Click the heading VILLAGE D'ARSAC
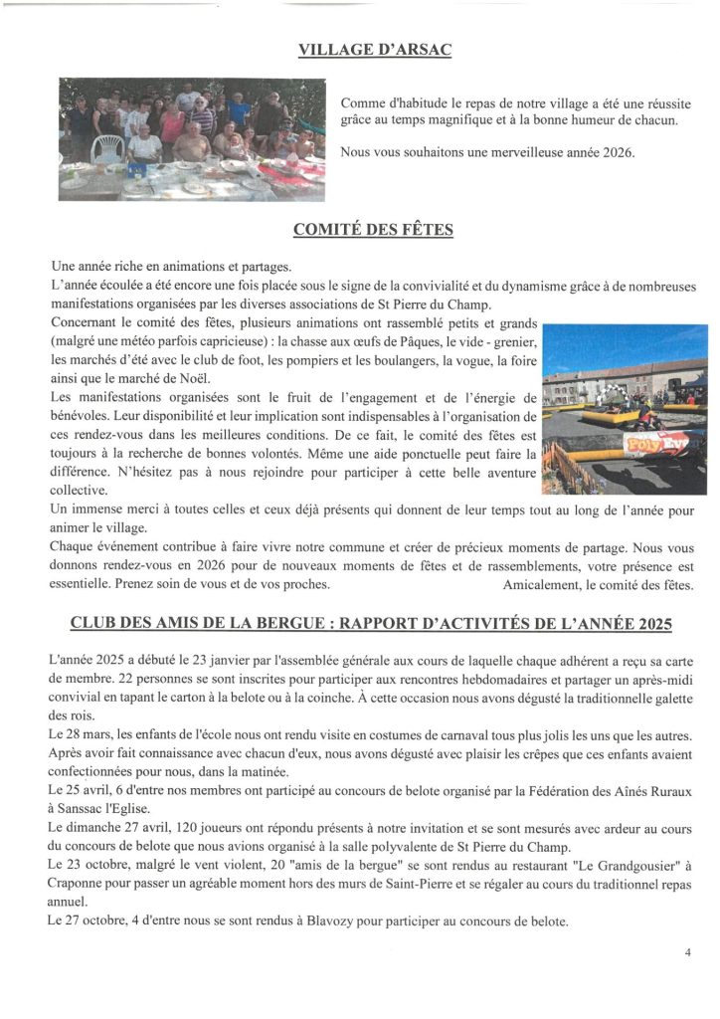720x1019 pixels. click(375, 50)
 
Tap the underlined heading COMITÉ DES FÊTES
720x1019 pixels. click(373, 230)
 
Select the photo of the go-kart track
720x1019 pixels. click(625, 409)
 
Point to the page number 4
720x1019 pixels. click(687, 952)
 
